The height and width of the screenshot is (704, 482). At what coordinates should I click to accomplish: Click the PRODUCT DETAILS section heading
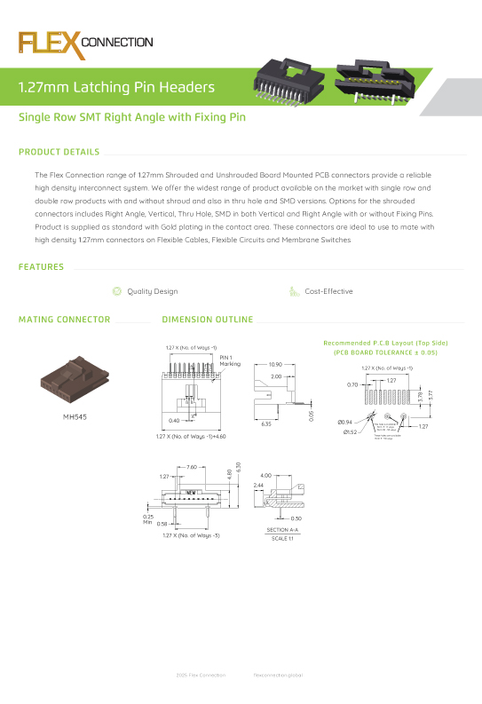[59, 152]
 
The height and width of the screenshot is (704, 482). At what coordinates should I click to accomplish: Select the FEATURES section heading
[41, 267]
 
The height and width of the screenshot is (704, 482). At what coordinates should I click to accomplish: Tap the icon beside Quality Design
[116, 291]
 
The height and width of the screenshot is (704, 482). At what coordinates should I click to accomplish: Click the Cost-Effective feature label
[328, 291]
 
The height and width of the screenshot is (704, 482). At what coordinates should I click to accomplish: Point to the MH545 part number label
[75, 415]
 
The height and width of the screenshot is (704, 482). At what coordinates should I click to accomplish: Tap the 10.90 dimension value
[275, 364]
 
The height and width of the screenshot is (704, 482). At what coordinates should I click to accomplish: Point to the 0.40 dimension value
[173, 420]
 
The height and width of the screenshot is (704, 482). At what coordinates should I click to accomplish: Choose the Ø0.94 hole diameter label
[345, 421]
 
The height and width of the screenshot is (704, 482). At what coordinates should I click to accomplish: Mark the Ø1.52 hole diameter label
[352, 432]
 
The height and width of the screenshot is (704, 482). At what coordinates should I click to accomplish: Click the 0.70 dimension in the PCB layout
[352, 384]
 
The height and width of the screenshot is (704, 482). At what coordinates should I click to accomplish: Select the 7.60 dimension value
[192, 467]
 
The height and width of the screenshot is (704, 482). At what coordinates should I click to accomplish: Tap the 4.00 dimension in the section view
[265, 475]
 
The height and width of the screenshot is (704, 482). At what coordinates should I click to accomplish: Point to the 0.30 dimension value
[296, 518]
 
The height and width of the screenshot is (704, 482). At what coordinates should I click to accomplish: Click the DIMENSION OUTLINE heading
[207, 320]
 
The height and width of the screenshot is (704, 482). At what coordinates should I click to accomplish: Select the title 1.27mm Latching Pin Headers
[117, 87]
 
